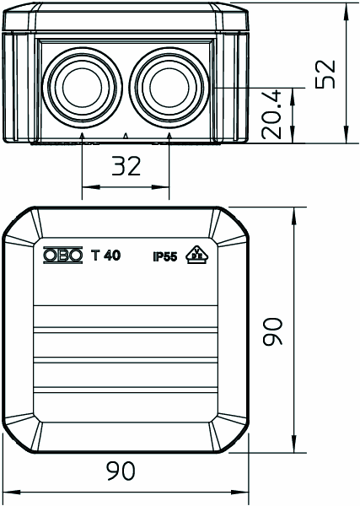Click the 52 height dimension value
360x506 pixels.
(x=325, y=74)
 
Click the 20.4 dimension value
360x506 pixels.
(x=271, y=116)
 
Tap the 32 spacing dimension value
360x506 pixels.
(x=126, y=166)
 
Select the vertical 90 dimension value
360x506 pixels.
(x=272, y=331)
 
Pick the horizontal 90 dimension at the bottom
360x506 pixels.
(x=121, y=471)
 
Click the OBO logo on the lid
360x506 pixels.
(x=63, y=256)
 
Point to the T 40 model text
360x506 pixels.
(x=105, y=256)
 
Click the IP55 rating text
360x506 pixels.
(x=165, y=257)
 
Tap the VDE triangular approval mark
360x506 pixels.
(x=197, y=255)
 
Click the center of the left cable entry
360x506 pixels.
(x=83, y=87)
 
